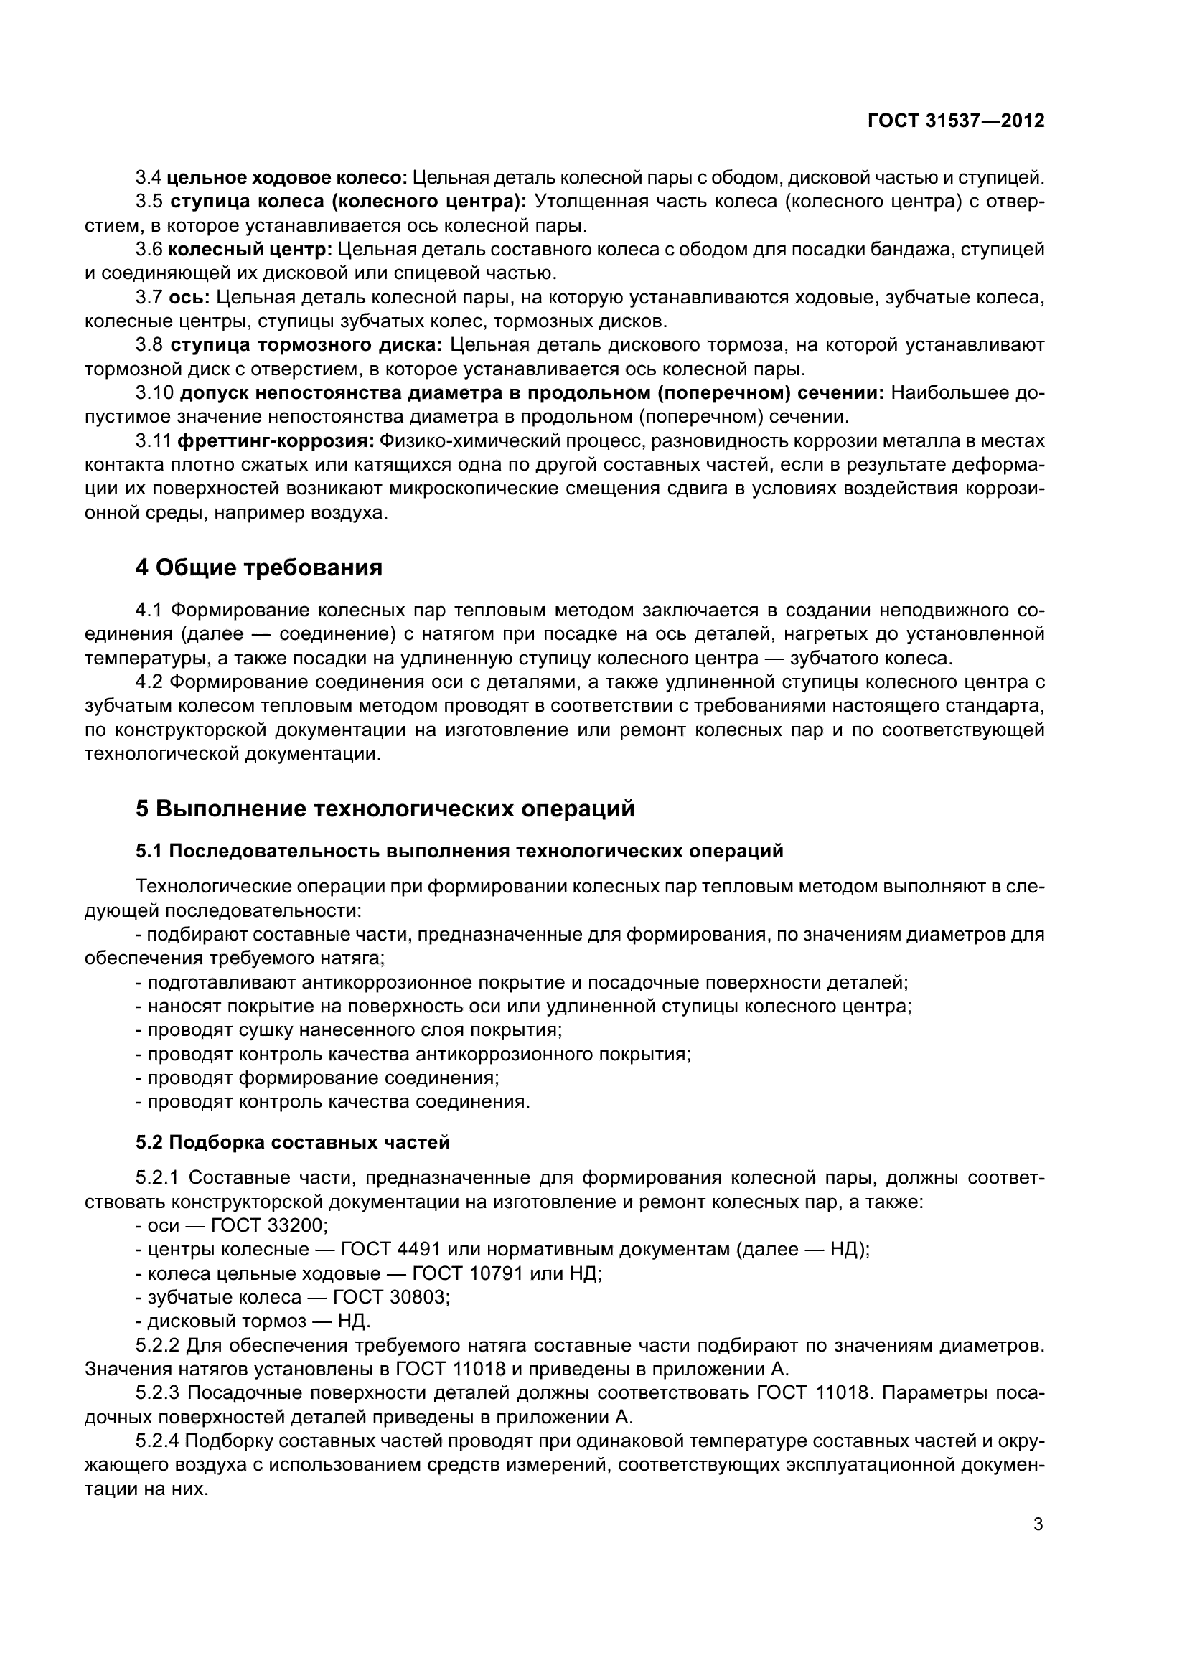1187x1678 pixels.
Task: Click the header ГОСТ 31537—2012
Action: click(x=955, y=121)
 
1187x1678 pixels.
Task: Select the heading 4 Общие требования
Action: click(x=259, y=568)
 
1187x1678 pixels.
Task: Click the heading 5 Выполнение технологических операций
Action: click(x=385, y=809)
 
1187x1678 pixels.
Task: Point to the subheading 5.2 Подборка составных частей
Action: click(x=292, y=1142)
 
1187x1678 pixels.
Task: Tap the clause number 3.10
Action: click(x=154, y=393)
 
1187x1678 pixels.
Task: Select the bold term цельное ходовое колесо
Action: click(x=287, y=178)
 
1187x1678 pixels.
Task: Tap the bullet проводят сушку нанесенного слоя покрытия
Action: click(x=349, y=1030)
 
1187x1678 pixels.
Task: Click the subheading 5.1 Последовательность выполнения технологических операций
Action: click(x=459, y=851)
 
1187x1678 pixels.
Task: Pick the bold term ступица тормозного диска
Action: click(x=306, y=345)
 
